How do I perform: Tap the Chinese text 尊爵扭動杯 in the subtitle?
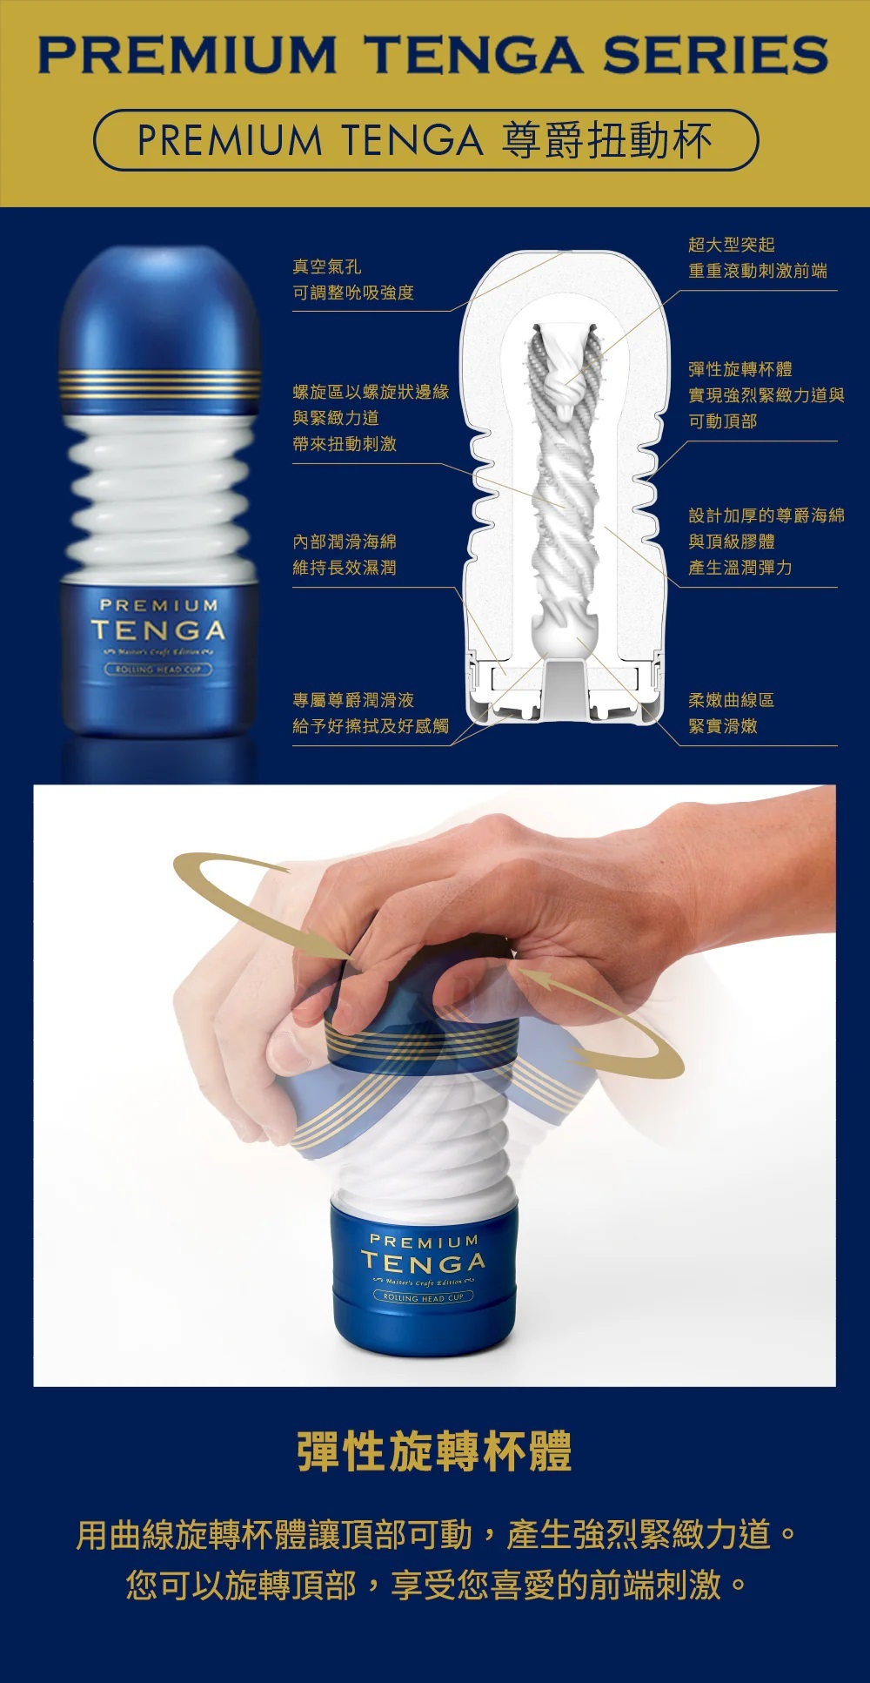[606, 141]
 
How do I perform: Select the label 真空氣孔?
[327, 266]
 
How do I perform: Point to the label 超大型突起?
[731, 245]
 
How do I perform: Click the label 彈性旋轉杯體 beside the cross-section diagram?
[739, 369]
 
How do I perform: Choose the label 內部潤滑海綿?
[345, 542]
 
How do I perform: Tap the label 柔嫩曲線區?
[731, 700]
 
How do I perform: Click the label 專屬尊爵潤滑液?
[353, 700]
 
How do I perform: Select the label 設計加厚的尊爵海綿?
[766, 515]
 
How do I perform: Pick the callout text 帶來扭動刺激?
[345, 444]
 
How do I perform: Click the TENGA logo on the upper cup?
[158, 630]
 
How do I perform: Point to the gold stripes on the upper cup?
[160, 384]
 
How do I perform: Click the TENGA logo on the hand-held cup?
[424, 1262]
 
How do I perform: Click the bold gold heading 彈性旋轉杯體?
[434, 1451]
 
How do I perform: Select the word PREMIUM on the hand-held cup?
[424, 1241]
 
